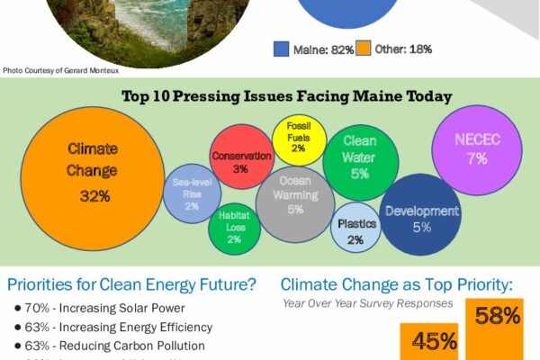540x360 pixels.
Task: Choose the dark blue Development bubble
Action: pyautogui.click(x=421, y=216)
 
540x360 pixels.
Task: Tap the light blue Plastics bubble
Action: pyautogui.click(x=355, y=229)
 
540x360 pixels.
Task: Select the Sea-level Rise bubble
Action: pyautogui.click(x=192, y=193)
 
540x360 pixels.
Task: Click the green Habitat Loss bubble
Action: pyautogui.click(x=234, y=228)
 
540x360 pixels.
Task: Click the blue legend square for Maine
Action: pyautogui.click(x=281, y=49)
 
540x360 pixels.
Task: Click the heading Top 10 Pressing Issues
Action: pyautogui.click(x=286, y=95)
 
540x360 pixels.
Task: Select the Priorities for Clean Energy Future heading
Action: pyautogui.click(x=131, y=286)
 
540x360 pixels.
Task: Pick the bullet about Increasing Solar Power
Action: pyautogui.click(x=103, y=309)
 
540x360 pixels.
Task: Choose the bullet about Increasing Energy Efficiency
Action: pyautogui.click(x=113, y=327)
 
